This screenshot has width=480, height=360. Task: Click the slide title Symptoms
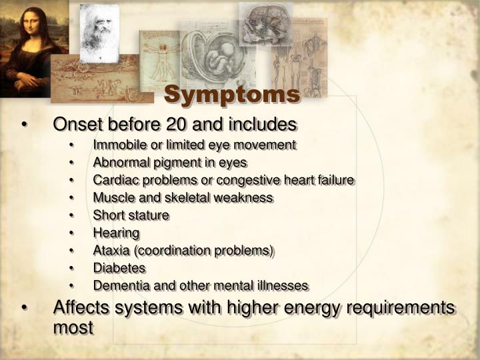tap(231, 95)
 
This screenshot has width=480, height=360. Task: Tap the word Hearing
tap(116, 233)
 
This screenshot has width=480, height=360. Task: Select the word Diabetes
tap(119, 268)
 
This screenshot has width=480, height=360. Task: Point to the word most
tap(73, 327)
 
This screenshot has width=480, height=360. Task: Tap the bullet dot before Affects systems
tap(24, 308)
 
